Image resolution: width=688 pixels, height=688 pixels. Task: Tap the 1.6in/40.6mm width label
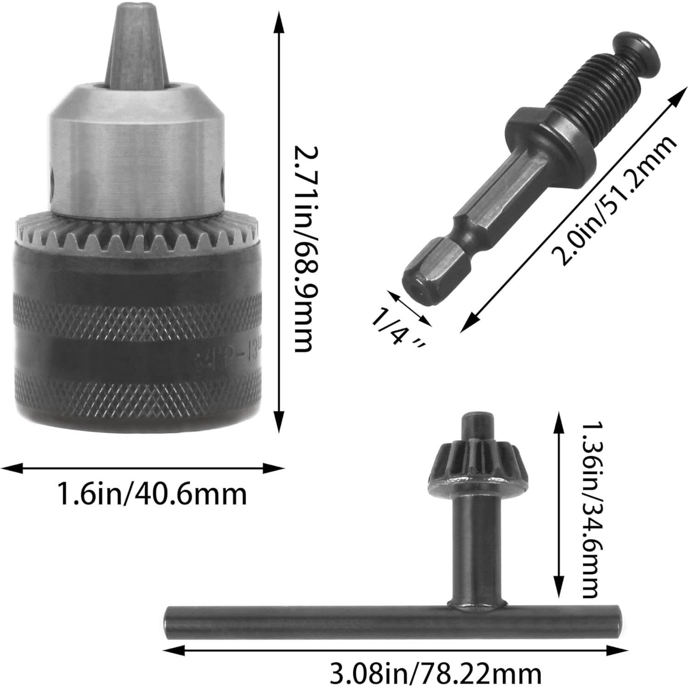(152, 494)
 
